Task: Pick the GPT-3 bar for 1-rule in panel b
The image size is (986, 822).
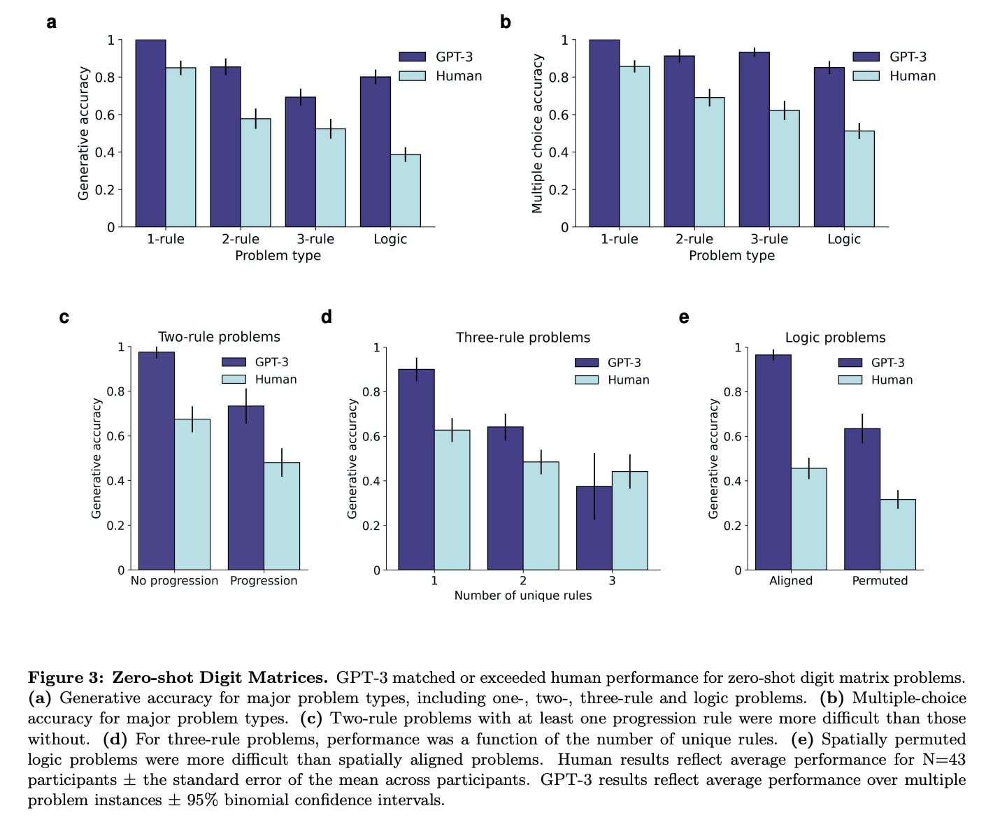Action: (604, 134)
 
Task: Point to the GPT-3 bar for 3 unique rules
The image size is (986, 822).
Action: (594, 528)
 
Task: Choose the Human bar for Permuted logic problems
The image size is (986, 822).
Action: (897, 535)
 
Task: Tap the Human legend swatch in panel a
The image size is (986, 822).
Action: (412, 75)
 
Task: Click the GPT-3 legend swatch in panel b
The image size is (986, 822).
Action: (866, 57)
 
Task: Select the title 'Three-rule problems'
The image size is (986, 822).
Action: (522, 338)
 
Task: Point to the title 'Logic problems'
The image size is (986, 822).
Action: (835, 338)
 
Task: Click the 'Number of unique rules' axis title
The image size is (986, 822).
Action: (522, 596)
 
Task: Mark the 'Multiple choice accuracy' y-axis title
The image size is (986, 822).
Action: (537, 134)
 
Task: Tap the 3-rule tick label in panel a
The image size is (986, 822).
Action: (315, 239)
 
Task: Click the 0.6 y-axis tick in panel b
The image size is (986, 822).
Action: (558, 115)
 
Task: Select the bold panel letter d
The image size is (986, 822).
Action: (326, 317)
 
